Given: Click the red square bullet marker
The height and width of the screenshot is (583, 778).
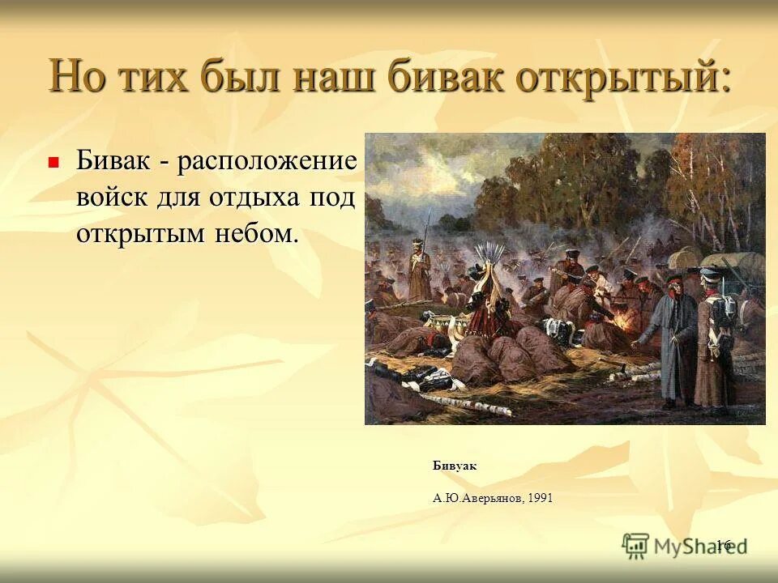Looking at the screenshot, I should click(x=54, y=162).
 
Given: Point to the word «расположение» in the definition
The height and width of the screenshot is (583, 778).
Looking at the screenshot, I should click(x=268, y=160).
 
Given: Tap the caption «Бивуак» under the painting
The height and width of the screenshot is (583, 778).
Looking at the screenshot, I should click(x=455, y=466).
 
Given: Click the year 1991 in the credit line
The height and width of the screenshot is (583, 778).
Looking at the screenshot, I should click(x=540, y=498).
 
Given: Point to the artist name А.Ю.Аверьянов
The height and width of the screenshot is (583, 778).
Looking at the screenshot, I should click(x=477, y=498).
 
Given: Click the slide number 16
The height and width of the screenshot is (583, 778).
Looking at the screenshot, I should click(x=724, y=544).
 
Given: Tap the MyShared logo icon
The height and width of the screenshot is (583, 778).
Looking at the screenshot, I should click(x=635, y=545).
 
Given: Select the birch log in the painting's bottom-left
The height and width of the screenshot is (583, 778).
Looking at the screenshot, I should click(x=454, y=401).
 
